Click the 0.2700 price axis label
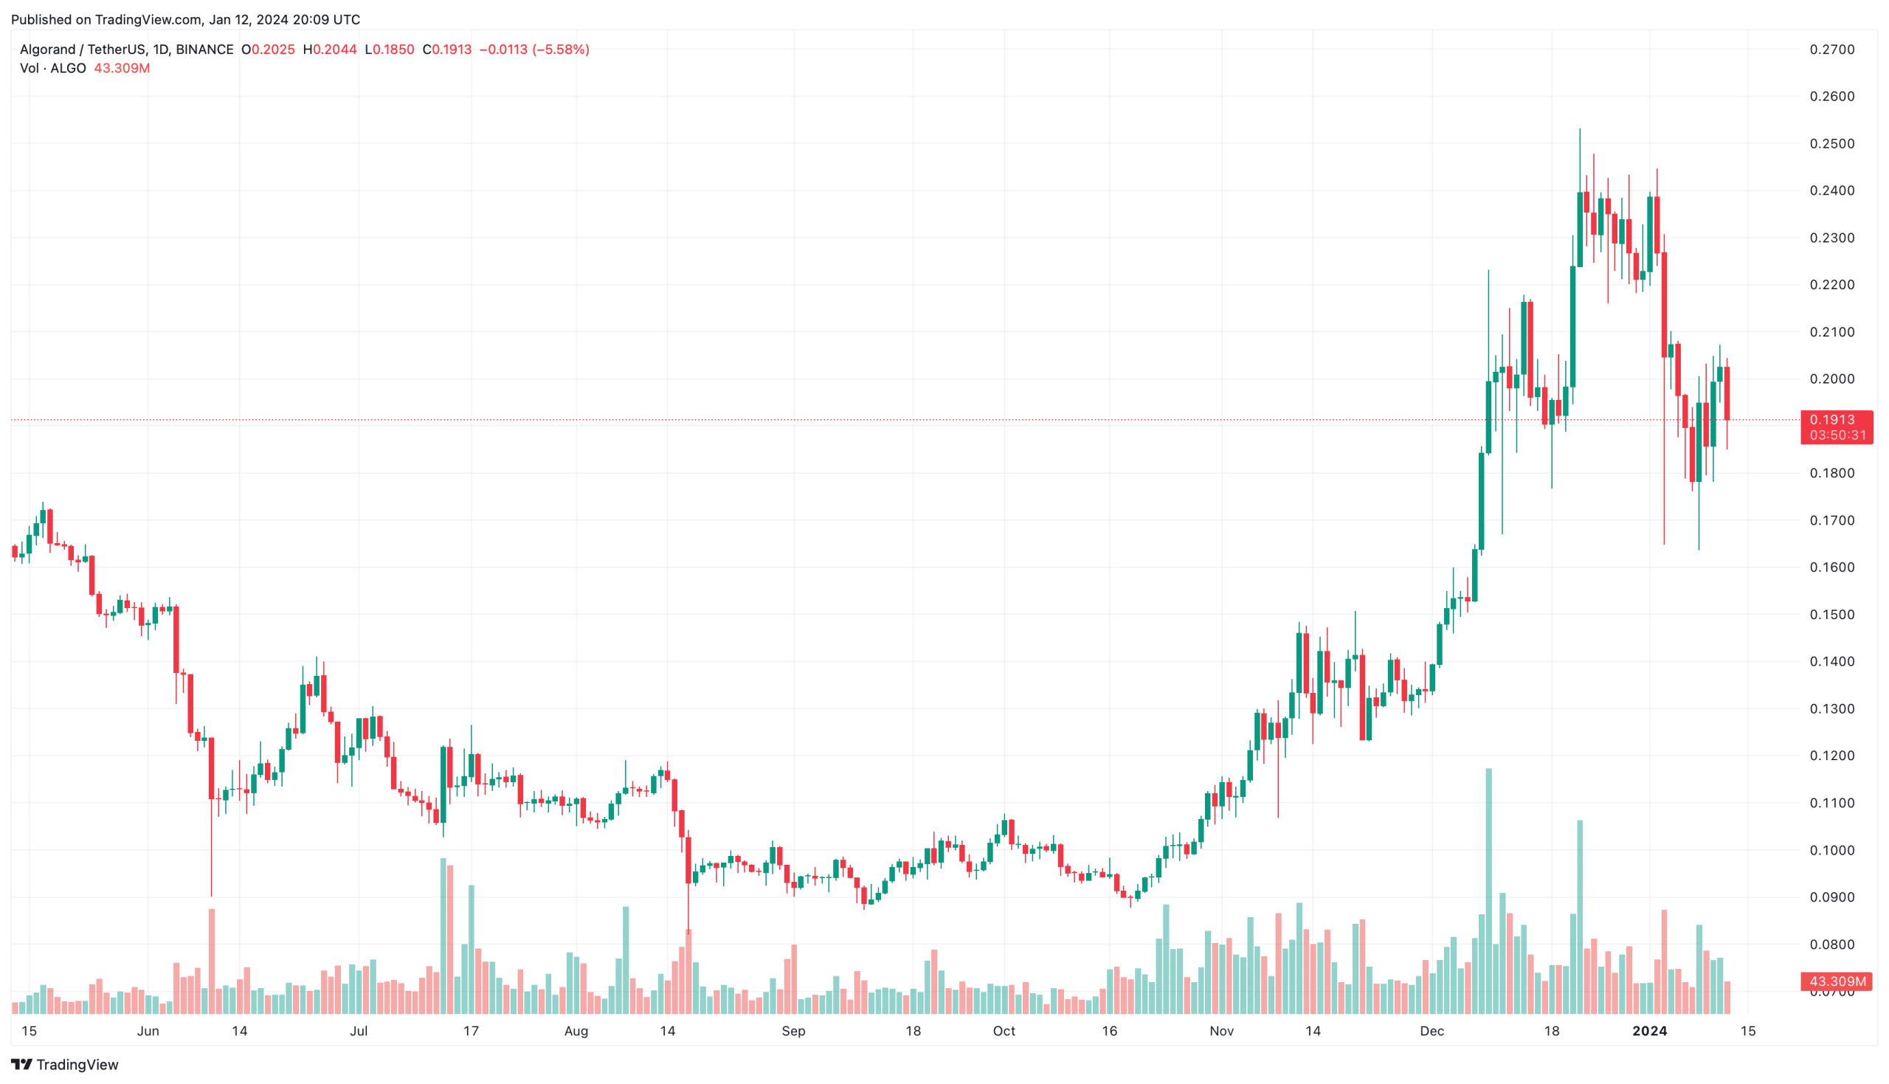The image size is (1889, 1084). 1831,49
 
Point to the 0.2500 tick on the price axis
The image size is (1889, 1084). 1831,143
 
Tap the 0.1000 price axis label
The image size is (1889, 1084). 1831,850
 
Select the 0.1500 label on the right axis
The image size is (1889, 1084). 1831,614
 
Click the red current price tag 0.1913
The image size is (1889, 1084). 1835,420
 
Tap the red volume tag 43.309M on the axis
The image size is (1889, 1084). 1835,981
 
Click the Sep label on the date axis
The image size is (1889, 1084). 793,1031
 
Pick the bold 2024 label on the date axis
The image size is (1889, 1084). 1649,1031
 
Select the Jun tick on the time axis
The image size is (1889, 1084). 148,1031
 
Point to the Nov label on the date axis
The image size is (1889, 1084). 1221,1031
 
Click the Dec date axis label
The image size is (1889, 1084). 1432,1031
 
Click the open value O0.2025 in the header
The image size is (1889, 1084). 268,49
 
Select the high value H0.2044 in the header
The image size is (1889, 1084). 330,49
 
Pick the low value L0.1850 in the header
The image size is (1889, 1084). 390,49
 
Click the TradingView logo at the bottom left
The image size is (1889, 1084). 65,1065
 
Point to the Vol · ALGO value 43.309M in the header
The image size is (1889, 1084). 121,69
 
